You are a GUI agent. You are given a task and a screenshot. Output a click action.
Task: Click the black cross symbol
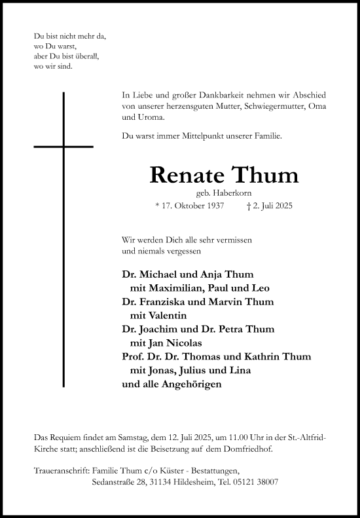pyautogui.click(x=63, y=145)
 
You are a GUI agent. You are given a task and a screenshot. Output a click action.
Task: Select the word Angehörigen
pyautogui.click(x=189, y=384)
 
